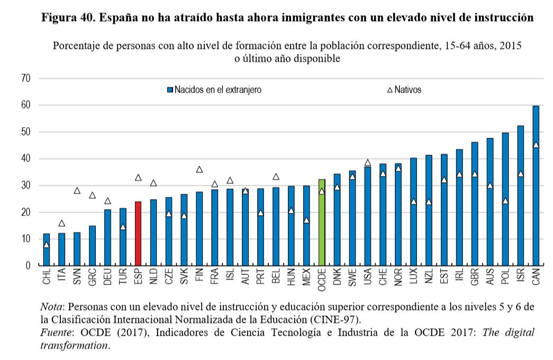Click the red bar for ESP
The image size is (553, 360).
(x=138, y=233)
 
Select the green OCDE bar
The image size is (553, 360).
(x=322, y=222)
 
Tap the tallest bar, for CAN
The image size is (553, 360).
(x=536, y=185)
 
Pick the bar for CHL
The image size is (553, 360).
(x=47, y=249)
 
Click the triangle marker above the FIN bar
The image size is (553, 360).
(x=200, y=169)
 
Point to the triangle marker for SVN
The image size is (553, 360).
(x=77, y=191)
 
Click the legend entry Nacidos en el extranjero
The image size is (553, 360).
(x=214, y=90)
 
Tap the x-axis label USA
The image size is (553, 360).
(x=368, y=277)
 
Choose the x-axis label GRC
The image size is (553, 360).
(x=93, y=277)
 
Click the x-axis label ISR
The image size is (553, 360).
(x=521, y=276)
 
